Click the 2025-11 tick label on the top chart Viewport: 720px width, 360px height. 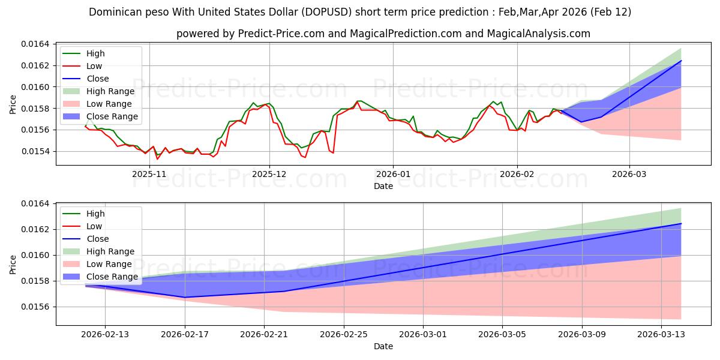(149, 173)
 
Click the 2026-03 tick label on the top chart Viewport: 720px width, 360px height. (629, 173)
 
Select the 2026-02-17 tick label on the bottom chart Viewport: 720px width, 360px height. (185, 335)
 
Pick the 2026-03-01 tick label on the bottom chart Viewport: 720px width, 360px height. (423, 335)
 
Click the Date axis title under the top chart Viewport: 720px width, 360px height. (383, 186)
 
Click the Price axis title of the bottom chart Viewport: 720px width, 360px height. (13, 264)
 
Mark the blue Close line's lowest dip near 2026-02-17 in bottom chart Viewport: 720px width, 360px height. (185, 297)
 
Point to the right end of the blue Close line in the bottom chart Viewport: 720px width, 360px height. (681, 224)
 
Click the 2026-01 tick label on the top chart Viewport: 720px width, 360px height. (393, 173)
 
